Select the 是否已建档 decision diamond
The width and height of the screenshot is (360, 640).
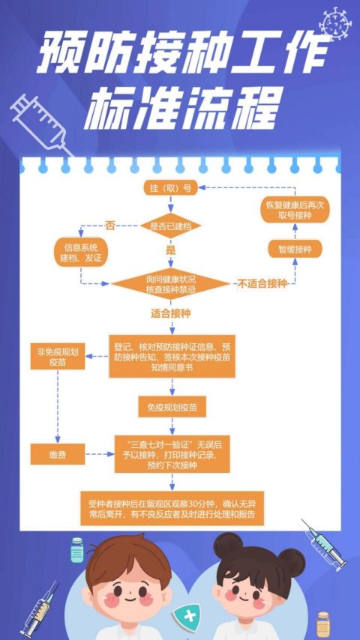(171, 226)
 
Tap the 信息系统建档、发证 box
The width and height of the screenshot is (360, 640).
(80, 253)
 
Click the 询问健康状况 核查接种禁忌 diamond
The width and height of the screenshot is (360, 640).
(171, 284)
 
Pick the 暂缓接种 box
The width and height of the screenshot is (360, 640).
(295, 250)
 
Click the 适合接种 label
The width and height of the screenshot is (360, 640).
(171, 314)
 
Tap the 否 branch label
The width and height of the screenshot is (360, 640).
(110, 226)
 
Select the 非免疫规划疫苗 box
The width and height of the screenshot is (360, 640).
(58, 357)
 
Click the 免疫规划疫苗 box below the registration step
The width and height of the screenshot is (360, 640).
(172, 407)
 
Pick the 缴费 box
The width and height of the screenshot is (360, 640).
(58, 454)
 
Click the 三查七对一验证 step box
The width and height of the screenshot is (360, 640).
(172, 454)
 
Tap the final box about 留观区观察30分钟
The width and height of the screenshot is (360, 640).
(172, 508)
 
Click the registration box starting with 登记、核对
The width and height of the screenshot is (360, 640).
(172, 357)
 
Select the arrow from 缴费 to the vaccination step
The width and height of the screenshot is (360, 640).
(100, 454)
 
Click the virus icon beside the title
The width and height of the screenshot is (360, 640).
(335, 24)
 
